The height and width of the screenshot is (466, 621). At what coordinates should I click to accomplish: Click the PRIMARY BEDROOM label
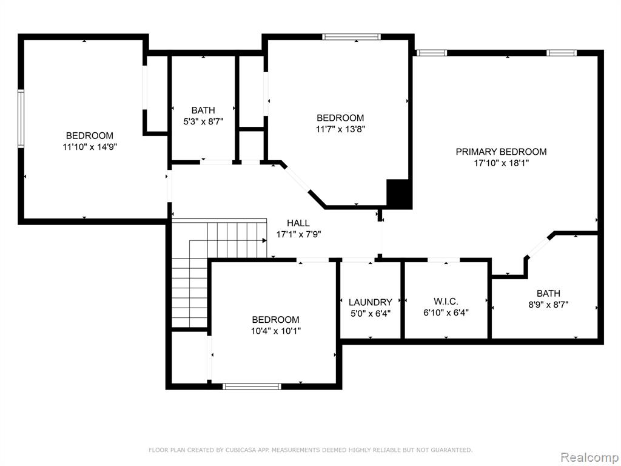point(501,152)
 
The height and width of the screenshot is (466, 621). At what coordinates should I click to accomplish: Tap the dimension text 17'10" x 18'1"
point(502,163)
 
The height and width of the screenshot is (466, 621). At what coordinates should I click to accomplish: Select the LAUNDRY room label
point(371,302)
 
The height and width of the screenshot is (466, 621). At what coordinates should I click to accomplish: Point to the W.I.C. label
point(446,301)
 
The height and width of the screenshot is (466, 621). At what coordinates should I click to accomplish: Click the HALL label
point(298,223)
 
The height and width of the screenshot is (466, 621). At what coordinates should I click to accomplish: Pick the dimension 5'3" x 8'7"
point(203,121)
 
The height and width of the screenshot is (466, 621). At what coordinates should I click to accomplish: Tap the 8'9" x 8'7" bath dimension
point(548,305)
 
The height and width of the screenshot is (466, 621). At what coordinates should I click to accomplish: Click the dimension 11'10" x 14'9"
point(90,147)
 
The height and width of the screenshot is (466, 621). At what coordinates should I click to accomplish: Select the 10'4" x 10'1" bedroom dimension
point(276,331)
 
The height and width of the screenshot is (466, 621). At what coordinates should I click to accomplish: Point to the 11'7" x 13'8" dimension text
point(340,129)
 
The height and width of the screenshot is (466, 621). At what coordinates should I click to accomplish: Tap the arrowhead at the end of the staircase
point(264,240)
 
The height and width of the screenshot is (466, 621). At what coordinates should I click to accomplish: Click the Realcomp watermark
point(588,458)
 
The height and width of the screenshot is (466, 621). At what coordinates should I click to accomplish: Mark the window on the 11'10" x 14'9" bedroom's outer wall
point(21,119)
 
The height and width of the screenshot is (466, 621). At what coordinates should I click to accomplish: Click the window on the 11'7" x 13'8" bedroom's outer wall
point(351,37)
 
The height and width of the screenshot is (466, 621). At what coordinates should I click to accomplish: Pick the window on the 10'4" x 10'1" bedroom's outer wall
point(252,387)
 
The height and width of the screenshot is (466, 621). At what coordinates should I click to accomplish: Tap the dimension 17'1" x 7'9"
point(298,234)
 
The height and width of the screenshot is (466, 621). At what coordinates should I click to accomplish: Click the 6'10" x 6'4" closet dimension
point(446,312)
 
